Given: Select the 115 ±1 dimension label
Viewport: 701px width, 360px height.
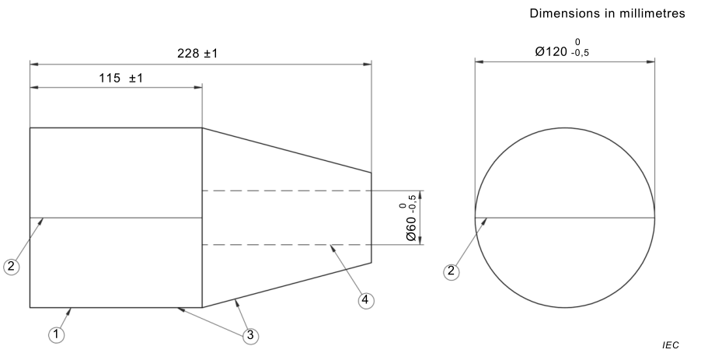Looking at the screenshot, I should click(116, 78).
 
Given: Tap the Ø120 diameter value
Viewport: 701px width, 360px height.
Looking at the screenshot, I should click(552, 51).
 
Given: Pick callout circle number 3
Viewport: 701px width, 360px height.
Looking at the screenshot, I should click(249, 335).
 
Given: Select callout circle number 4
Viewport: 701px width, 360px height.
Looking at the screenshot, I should click(366, 299).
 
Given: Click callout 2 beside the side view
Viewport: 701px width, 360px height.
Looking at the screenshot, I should click(11, 266).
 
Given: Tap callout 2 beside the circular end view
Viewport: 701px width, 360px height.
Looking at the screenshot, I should click(450, 271).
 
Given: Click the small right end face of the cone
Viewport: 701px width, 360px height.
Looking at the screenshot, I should click(371, 218).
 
